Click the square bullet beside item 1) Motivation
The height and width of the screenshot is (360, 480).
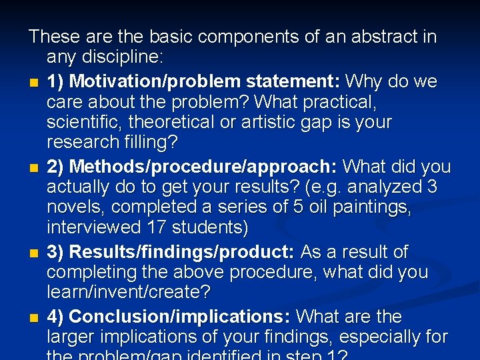tap(33, 83)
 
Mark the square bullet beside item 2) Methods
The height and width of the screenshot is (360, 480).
tap(33, 167)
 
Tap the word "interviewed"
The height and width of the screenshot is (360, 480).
tap(93, 228)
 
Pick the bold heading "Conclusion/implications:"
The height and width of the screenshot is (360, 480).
tap(179, 316)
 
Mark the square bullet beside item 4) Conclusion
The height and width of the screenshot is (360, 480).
tap(33, 317)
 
